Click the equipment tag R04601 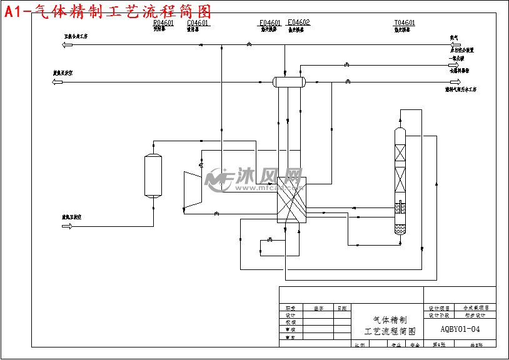[x=164, y=22]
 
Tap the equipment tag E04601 [x=270, y=22]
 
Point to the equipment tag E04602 [x=298, y=22]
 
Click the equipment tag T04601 [x=405, y=22]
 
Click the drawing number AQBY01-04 [x=460, y=329]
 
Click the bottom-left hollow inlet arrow [x=66, y=226]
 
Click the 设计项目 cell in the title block [x=440, y=308]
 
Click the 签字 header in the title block [x=319, y=308]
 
